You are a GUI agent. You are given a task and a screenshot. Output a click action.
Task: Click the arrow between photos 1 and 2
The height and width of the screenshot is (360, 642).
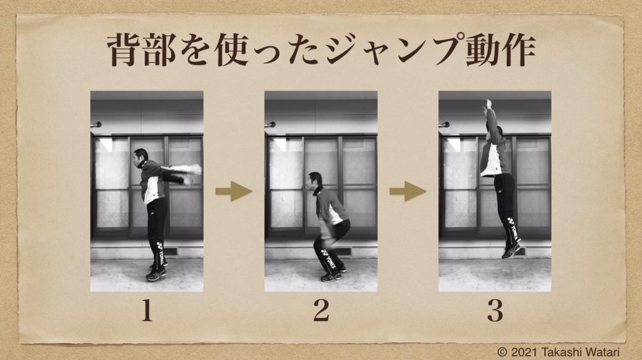click(234, 191)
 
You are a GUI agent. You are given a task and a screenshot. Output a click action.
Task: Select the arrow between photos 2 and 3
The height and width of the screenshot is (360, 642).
click(408, 191)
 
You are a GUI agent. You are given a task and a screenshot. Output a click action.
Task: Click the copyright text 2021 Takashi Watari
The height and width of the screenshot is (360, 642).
click(559, 352)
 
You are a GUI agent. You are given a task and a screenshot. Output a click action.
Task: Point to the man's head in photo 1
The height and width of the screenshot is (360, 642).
click(140, 157)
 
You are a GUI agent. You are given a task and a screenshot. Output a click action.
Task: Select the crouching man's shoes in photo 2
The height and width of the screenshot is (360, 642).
click(334, 275)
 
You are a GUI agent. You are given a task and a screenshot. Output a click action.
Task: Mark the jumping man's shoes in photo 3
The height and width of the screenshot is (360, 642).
click(512, 250)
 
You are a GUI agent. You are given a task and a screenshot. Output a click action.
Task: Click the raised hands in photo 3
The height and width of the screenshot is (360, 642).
click(487, 105)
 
